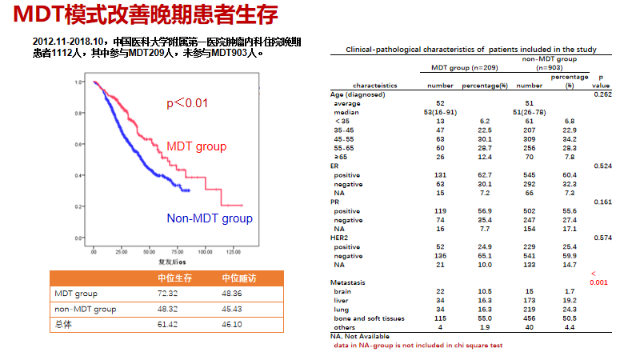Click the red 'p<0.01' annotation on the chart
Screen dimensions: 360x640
click(187, 102)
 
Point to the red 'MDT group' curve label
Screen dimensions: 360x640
click(197, 146)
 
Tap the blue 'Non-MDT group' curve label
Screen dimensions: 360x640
click(210, 218)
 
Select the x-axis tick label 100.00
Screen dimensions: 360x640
click(205, 252)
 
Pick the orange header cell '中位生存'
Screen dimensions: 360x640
click(173, 278)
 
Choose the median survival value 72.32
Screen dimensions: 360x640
click(168, 294)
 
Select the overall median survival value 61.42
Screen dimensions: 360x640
click(168, 324)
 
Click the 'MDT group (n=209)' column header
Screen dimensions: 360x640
click(460, 68)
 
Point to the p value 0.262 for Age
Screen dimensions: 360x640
click(602, 94)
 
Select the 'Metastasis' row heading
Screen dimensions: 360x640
click(348, 282)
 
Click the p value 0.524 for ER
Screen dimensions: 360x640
click(602, 166)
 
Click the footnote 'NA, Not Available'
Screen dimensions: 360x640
click(360, 336)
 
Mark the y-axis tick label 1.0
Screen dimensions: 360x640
click(80, 82)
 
